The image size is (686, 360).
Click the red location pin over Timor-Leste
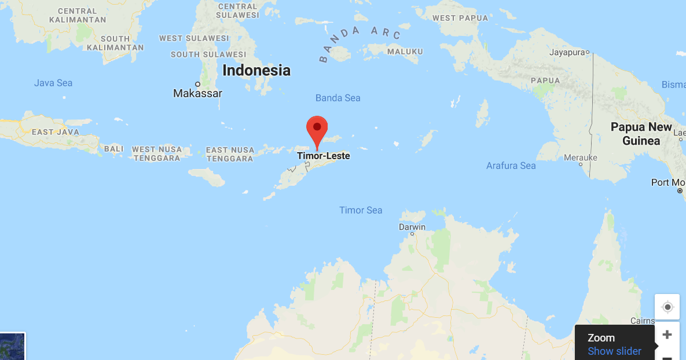coord(317,129)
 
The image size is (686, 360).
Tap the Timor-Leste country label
coord(323,156)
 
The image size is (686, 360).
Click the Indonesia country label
coord(256,71)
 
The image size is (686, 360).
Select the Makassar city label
coord(197,93)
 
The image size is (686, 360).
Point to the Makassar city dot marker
coord(197,84)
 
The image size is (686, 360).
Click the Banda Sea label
coord(338,98)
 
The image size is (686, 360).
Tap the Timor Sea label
coord(361,210)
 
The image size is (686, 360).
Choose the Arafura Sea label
coord(511,166)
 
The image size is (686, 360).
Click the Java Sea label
coord(53,83)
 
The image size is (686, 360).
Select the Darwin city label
coord(412,227)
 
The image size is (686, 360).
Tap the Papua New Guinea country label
coord(641,134)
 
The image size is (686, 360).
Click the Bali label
coord(114,149)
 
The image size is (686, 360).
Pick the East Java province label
coord(55,132)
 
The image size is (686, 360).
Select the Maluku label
coord(405,52)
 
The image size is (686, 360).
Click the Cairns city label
coord(643,321)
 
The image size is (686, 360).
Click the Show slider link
coord(614,351)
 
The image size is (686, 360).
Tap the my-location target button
coord(667,307)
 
